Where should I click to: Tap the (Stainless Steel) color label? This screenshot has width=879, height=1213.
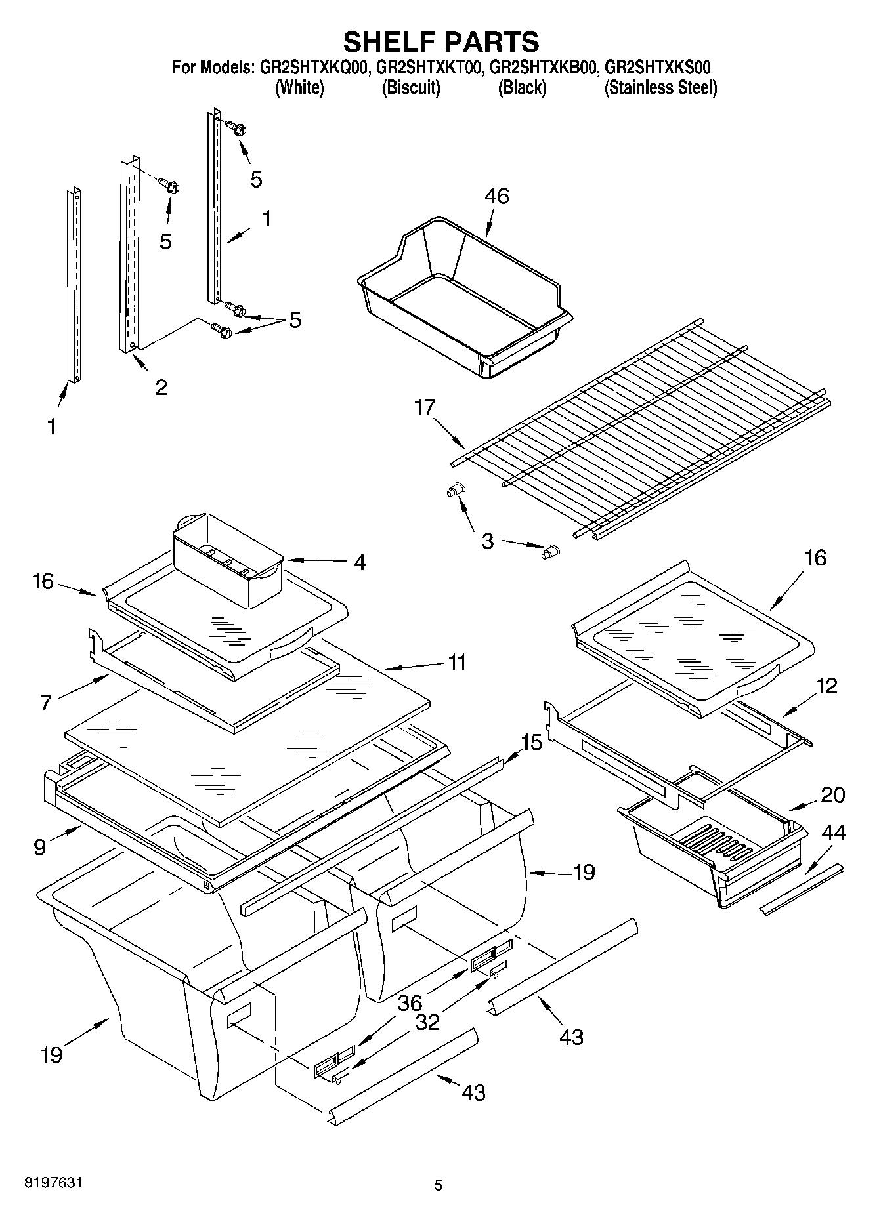(660, 87)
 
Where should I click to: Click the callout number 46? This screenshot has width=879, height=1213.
(496, 195)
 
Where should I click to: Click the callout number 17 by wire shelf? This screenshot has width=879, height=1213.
(425, 407)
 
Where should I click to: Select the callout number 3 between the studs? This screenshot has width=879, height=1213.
(488, 542)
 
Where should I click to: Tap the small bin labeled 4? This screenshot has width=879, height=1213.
(226, 558)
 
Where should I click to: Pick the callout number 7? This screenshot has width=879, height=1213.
(45, 703)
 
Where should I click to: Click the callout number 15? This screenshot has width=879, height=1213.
(532, 743)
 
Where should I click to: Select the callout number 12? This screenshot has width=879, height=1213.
(826, 686)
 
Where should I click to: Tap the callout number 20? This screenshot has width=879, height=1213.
(832, 794)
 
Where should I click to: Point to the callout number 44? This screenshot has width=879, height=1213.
(833, 833)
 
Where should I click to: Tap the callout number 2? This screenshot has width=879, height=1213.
(161, 387)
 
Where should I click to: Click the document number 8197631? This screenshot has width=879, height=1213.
(53, 1183)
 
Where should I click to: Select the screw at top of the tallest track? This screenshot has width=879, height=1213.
(236, 128)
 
